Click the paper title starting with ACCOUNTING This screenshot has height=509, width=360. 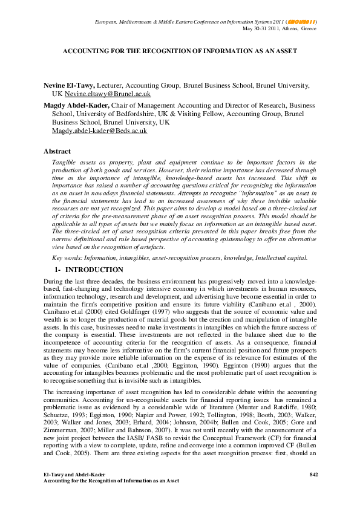tap(180, 51)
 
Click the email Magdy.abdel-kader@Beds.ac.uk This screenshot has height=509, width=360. tap(99, 131)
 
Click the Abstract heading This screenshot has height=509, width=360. tap(57, 151)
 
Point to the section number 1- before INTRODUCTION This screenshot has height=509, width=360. tap(59, 270)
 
